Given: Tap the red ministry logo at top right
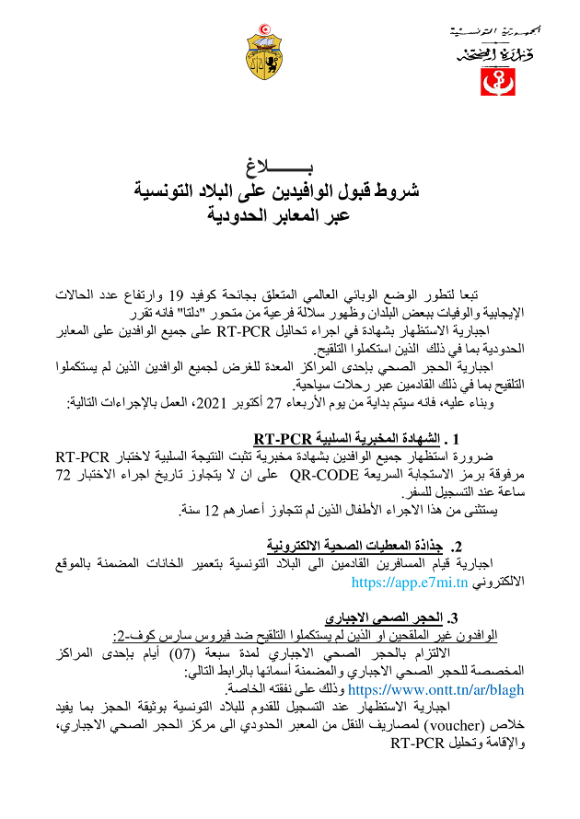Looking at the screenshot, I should [x=494, y=80].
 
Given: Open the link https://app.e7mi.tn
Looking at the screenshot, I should [x=411, y=582].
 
